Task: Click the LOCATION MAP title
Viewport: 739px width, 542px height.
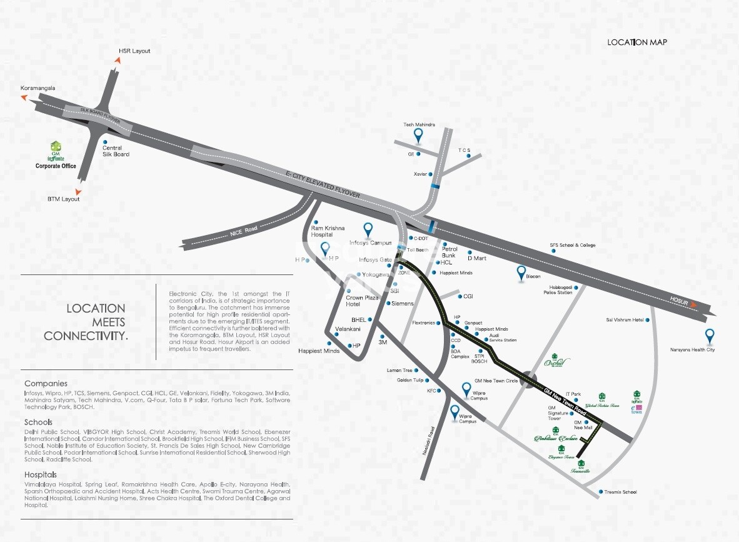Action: tap(637, 43)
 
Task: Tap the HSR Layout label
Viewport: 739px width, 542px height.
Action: tap(134, 51)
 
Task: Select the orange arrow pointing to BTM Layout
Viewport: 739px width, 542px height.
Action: tap(78, 191)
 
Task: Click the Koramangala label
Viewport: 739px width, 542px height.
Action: tap(38, 88)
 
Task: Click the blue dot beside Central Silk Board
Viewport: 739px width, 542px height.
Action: tap(106, 142)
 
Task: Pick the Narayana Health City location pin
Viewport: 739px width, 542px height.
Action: tap(710, 336)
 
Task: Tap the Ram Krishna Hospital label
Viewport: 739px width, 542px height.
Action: tap(328, 231)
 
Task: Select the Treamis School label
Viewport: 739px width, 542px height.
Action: tap(620, 492)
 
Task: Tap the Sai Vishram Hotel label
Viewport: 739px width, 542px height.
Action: tap(625, 320)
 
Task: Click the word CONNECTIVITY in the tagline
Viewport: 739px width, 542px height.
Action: tap(86, 336)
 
